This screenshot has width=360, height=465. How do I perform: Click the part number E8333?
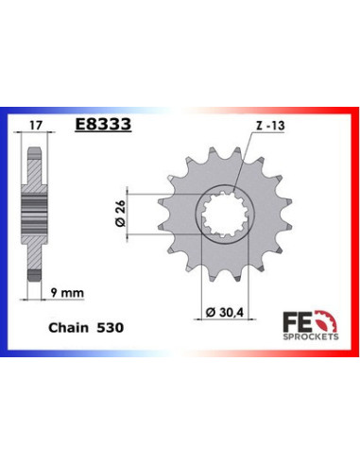[103, 125]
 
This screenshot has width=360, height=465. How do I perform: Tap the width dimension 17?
[36, 126]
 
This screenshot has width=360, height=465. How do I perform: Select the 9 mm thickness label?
[67, 293]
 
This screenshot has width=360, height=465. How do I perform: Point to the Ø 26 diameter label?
[120, 213]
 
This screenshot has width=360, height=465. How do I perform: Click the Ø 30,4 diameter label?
[225, 313]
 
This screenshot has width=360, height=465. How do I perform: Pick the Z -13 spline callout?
[270, 126]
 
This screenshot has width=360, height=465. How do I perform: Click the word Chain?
[68, 328]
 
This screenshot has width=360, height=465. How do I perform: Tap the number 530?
[110, 328]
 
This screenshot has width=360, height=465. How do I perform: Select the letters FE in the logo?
[295, 321]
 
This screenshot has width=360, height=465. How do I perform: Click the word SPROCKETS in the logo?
[311, 336]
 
